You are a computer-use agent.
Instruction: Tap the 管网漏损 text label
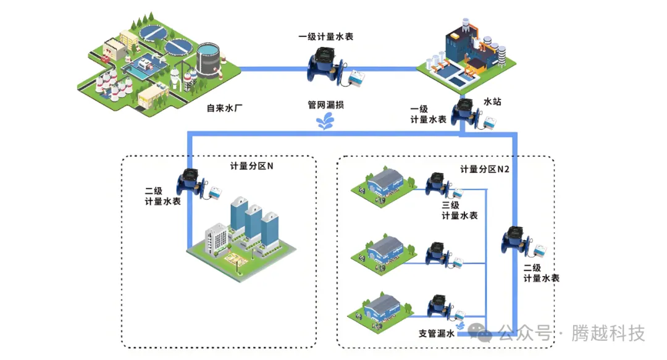click(x=325, y=105)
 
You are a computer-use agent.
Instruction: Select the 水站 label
click(x=492, y=101)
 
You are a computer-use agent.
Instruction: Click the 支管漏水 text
click(x=436, y=333)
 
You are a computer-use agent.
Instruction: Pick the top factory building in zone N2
click(x=384, y=182)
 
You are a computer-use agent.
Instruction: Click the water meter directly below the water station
click(x=463, y=112)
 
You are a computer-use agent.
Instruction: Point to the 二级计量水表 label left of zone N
click(x=162, y=196)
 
